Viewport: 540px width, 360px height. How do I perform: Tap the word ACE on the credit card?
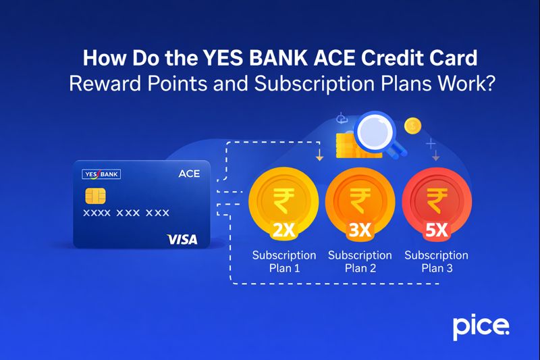point(189,174)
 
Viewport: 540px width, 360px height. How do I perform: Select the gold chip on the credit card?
point(94,196)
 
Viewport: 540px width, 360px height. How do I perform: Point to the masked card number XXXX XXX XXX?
point(126,213)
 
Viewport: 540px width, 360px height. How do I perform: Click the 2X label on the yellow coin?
point(283,230)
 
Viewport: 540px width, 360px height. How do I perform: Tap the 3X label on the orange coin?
point(360,230)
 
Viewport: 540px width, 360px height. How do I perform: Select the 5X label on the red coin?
point(436,230)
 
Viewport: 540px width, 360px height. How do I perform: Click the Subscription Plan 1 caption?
point(284,261)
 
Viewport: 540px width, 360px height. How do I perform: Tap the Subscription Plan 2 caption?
point(360,261)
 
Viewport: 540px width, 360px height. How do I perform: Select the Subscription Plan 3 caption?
point(436,261)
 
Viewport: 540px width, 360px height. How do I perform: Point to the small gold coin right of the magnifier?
point(411,126)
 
